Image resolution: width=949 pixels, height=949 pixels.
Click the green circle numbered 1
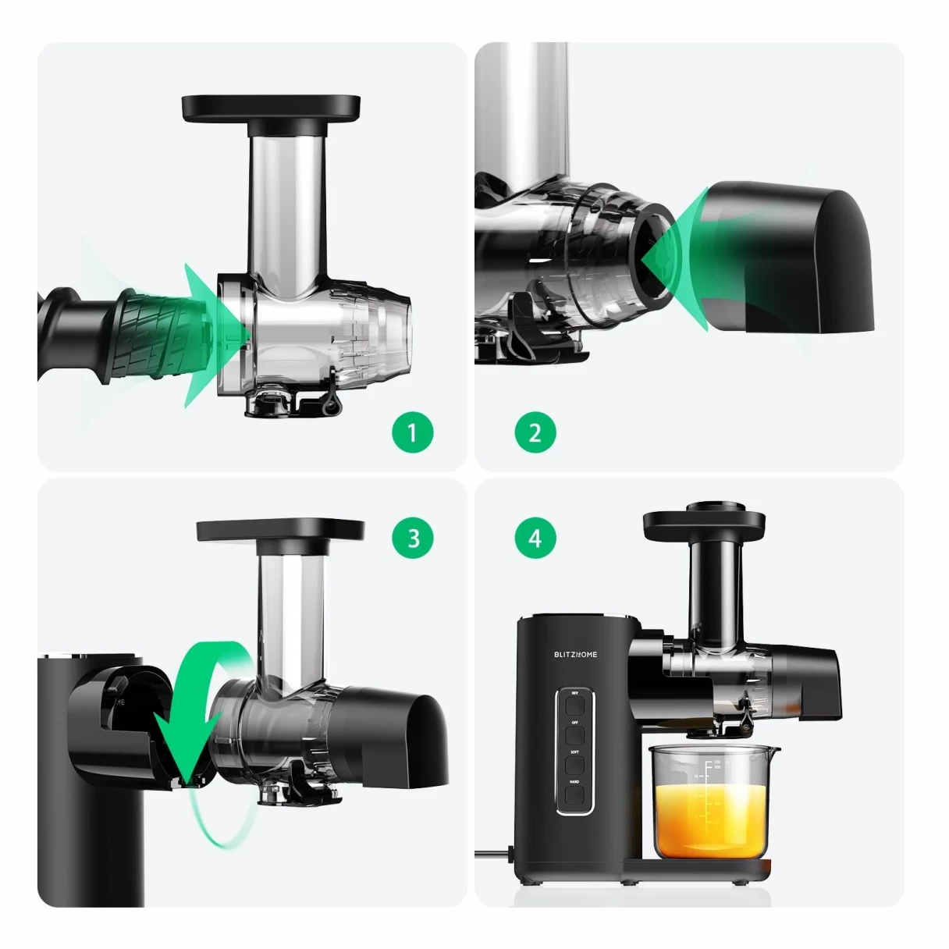tap(412, 432)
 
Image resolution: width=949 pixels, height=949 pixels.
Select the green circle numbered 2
tap(535, 432)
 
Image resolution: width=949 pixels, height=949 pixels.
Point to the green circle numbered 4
tap(535, 538)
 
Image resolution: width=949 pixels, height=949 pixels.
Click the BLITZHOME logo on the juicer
tap(575, 654)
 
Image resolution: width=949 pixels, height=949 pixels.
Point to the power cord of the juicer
tap(492, 852)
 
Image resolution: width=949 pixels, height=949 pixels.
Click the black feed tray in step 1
tap(271, 108)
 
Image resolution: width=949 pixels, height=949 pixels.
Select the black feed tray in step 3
tap(280, 531)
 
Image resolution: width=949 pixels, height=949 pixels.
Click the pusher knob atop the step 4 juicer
tap(713, 506)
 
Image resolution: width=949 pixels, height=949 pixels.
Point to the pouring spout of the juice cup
tap(772, 751)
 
